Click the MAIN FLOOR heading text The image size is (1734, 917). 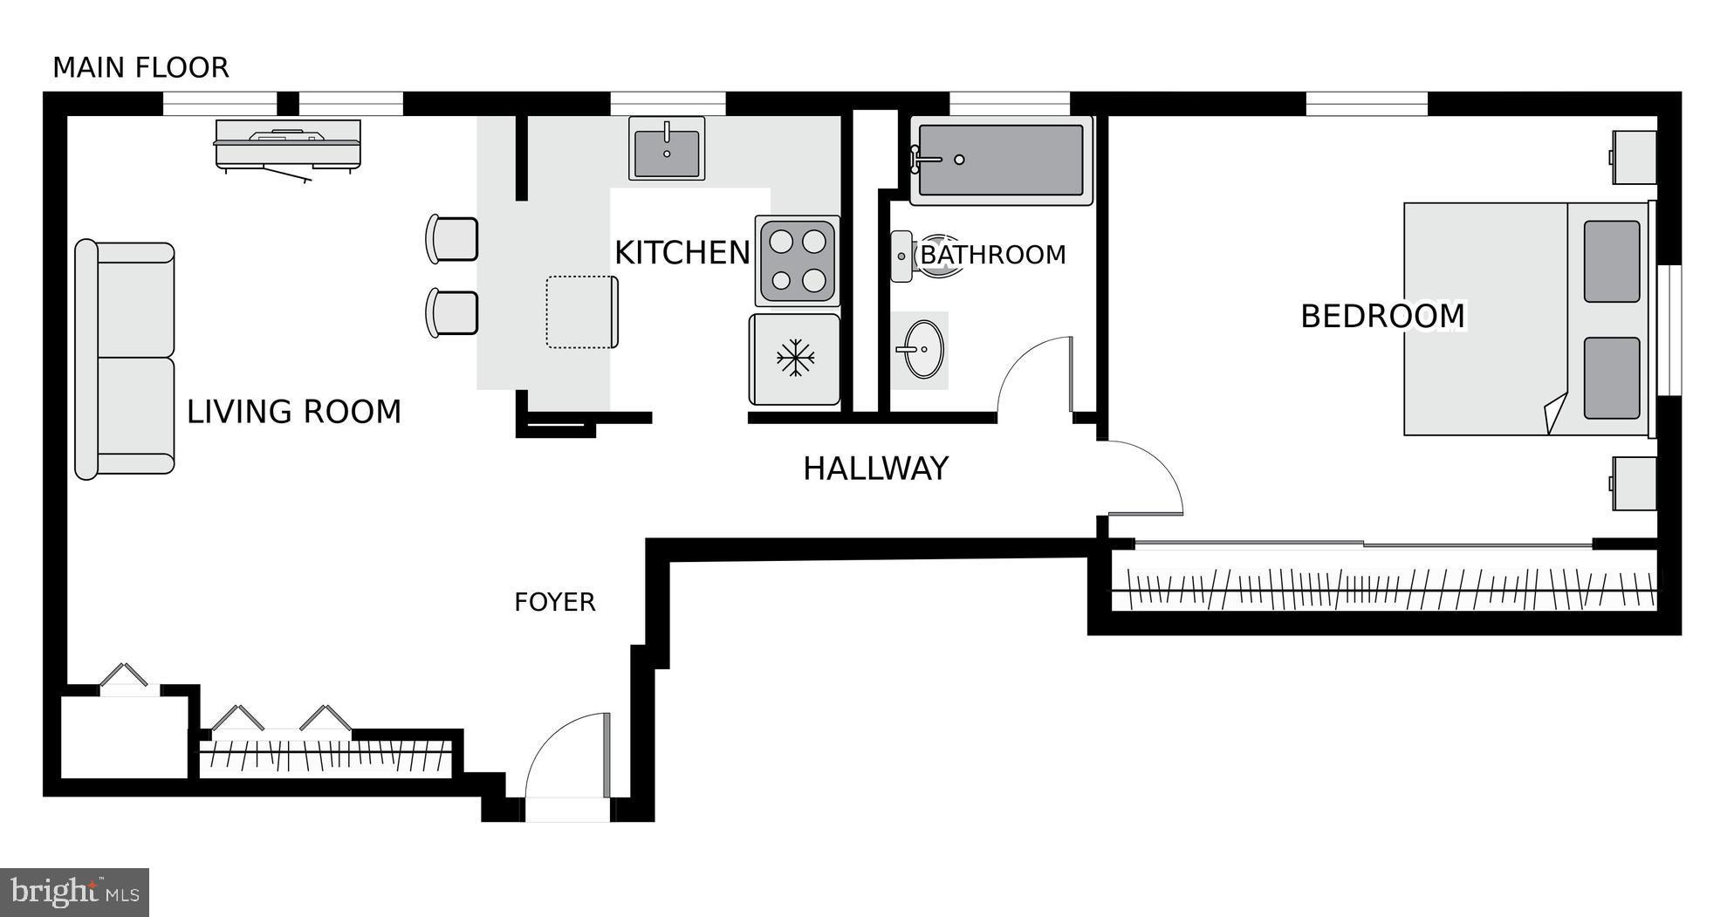(x=141, y=67)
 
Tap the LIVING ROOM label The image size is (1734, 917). (x=293, y=412)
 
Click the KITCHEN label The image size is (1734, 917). (x=682, y=253)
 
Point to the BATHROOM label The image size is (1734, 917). (x=993, y=255)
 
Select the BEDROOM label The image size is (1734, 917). (x=1382, y=316)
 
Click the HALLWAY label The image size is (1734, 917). (x=875, y=469)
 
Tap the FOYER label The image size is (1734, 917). (x=554, y=602)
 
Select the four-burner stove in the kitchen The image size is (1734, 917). (x=798, y=260)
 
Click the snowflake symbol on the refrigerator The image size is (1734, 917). (x=795, y=359)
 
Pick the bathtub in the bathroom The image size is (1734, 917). (x=1001, y=161)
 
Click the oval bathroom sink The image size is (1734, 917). (x=923, y=350)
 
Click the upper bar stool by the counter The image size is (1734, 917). (x=452, y=239)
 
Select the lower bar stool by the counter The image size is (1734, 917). (x=452, y=313)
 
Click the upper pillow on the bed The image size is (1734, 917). (x=1611, y=262)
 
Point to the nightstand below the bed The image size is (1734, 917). (x=1634, y=483)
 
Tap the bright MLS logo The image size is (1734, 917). (x=74, y=892)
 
